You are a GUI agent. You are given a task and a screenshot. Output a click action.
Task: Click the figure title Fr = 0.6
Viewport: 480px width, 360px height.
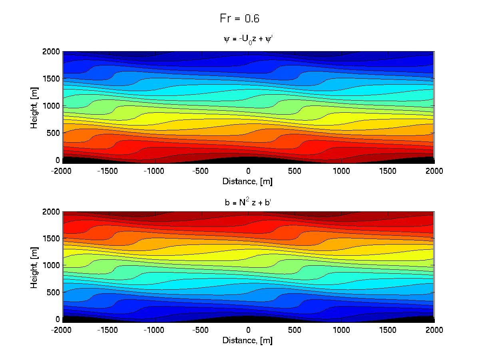click(240, 18)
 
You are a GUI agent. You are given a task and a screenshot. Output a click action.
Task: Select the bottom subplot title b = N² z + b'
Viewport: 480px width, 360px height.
click(248, 202)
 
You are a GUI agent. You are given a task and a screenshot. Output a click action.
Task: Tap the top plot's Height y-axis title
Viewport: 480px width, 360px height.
click(34, 106)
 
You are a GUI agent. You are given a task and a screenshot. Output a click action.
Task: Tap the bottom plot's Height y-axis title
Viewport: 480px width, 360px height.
click(34, 265)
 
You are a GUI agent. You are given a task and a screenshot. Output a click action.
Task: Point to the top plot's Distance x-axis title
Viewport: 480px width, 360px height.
click(247, 181)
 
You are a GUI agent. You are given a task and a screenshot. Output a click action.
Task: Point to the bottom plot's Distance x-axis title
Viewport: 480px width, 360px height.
click(247, 340)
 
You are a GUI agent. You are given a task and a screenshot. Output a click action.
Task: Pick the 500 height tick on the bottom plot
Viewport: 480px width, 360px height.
click(54, 292)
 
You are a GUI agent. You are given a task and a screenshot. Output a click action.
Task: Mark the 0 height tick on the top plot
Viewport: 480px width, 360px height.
click(58, 160)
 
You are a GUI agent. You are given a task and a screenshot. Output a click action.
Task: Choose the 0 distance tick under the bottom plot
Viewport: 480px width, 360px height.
click(248, 330)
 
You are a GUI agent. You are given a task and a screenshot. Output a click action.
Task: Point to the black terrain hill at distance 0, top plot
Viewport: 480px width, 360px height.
click(248, 161)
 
